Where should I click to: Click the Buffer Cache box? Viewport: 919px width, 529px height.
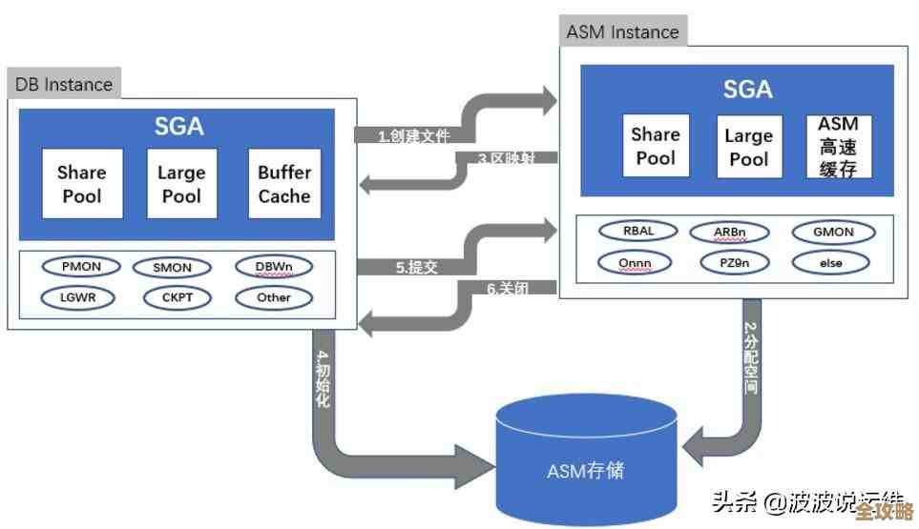(284, 184)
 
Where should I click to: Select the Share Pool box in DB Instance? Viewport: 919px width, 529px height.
(81, 184)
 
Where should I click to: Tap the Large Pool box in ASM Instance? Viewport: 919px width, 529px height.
(748, 147)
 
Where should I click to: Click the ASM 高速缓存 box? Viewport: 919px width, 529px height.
(838, 147)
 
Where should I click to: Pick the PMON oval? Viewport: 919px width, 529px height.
(81, 267)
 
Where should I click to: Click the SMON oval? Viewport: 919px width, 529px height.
(172, 268)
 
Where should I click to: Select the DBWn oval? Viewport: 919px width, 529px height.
(274, 267)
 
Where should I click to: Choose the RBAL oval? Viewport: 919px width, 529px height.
(637, 231)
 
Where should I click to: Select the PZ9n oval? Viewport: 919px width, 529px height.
(735, 261)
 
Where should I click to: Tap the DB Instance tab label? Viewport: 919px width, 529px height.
(64, 84)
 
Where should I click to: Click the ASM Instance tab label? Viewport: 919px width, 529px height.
(622, 31)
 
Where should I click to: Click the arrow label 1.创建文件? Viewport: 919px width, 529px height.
(413, 135)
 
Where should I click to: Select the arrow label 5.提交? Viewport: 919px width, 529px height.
(417, 268)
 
